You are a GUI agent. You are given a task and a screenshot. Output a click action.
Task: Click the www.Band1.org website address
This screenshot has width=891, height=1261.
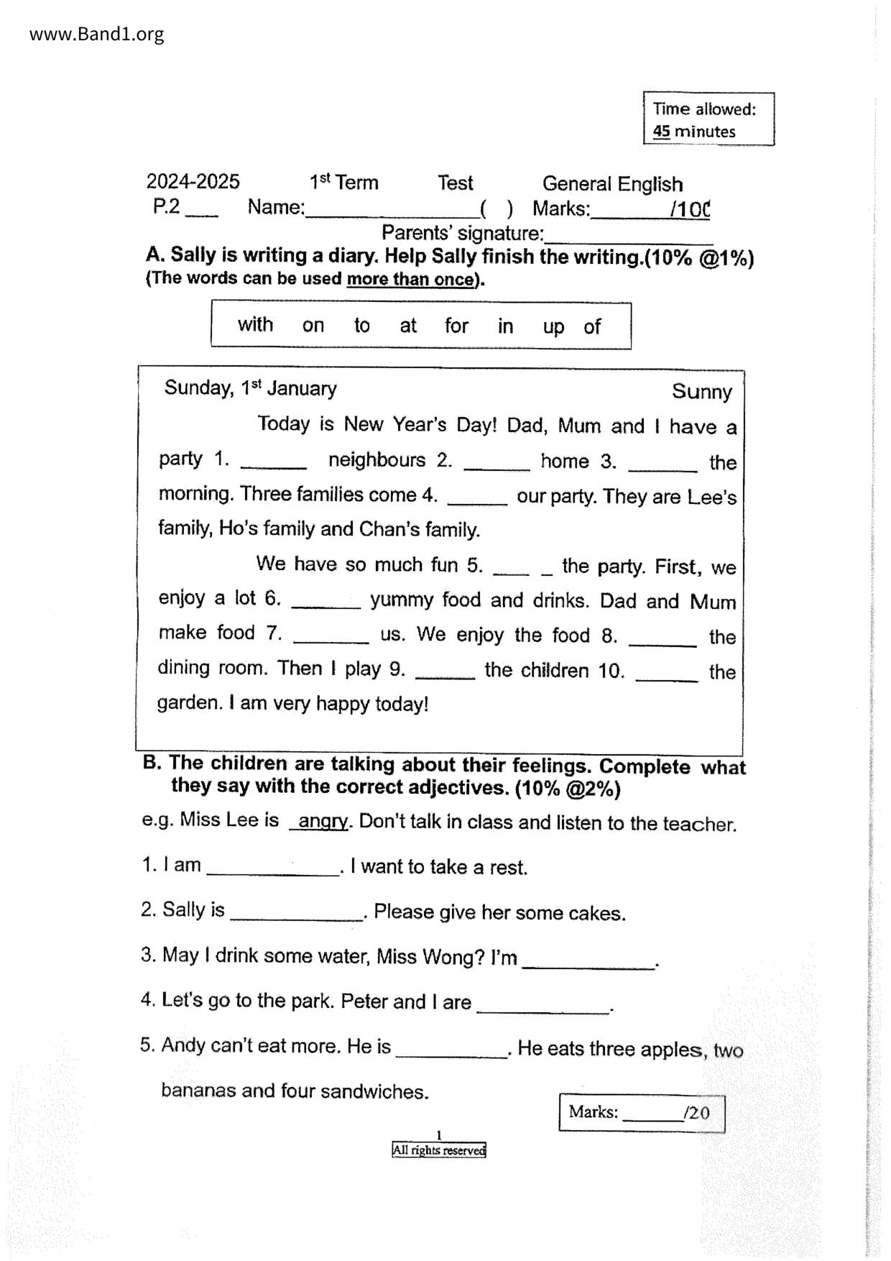coord(96,34)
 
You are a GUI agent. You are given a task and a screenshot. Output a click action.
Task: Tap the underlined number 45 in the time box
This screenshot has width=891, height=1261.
coord(661,132)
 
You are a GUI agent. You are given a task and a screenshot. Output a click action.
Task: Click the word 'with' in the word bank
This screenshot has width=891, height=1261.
coord(255,325)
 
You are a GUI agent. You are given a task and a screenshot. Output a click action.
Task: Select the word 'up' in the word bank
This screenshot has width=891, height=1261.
coord(553,327)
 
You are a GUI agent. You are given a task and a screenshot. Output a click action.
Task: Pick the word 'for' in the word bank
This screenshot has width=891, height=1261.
coord(456,326)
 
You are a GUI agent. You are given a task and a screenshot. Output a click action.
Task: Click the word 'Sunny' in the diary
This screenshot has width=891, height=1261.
coord(701,392)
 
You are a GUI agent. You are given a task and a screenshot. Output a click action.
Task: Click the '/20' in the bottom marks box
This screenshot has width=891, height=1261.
coord(697,1114)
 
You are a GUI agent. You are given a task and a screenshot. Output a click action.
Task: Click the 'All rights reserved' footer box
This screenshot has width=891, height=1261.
coord(438,1150)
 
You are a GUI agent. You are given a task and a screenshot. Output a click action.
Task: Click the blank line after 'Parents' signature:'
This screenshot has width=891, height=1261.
coord(629,237)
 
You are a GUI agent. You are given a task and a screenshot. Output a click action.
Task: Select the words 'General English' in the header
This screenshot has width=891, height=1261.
coord(612,184)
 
